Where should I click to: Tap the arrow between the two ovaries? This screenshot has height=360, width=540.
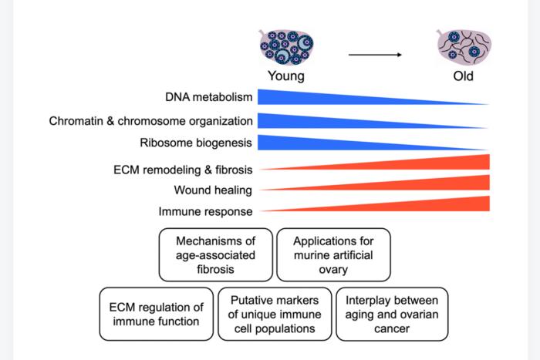click(x=375, y=55)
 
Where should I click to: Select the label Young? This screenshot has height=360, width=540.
click(x=285, y=76)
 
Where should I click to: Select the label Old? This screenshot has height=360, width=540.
click(x=463, y=76)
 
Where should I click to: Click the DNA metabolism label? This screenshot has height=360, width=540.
click(x=208, y=98)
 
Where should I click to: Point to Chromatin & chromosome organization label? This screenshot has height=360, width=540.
click(x=151, y=121)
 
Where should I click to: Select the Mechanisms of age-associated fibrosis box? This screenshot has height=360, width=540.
click(x=215, y=254)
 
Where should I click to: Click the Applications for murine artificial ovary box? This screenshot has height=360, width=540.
click(x=332, y=254)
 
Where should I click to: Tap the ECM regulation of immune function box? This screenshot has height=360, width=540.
click(x=157, y=314)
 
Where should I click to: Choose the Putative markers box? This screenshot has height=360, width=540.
click(x=275, y=314)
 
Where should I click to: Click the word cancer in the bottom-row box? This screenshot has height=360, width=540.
click(x=391, y=328)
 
